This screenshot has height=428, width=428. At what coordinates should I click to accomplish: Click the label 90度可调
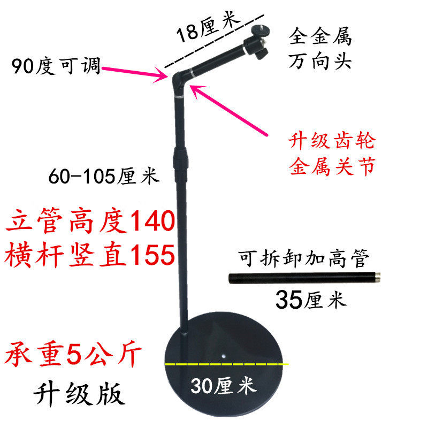56,68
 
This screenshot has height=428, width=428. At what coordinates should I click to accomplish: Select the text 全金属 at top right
320,37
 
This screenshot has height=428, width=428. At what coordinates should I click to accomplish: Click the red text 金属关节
332,166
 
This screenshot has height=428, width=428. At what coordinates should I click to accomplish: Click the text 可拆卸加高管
304,261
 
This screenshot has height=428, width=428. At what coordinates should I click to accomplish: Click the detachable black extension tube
304,278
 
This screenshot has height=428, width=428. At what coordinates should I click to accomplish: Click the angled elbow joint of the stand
180,80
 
